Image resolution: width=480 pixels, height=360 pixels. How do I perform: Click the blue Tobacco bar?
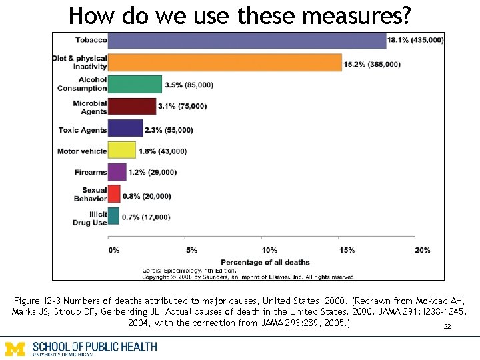coord(247,40)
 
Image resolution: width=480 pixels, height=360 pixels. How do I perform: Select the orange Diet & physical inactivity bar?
coord(225,63)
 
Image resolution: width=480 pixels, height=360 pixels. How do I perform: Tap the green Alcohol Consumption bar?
coord(135,84)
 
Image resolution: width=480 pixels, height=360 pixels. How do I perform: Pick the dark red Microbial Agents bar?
coord(132,106)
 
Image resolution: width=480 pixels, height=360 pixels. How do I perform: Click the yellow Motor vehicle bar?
coord(122,150)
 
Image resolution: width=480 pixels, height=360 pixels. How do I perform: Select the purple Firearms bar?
coord(117,172)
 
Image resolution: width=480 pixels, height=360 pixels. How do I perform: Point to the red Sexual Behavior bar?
coord(114,194)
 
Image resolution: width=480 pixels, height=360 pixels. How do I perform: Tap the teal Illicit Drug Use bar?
coord(113,216)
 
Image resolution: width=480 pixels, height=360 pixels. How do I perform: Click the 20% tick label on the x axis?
coord(422,250)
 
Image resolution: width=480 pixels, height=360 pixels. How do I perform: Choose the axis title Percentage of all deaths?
coord(265,262)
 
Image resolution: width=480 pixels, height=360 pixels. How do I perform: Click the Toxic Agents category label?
coord(83,130)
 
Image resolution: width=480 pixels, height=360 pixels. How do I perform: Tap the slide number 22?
coord(447,327)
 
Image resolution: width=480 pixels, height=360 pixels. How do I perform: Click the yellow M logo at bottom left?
coord(16,348)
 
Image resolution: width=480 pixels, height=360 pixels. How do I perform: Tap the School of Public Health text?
coord(95,347)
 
